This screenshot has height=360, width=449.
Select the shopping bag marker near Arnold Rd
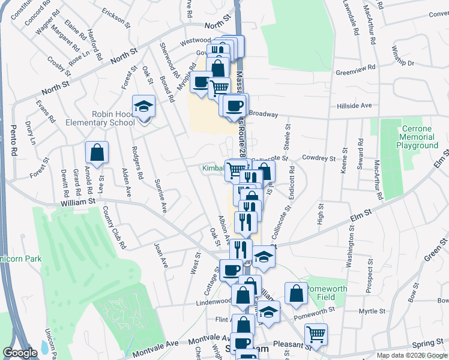tap(97, 154)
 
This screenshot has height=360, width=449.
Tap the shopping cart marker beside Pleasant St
tap(316, 334)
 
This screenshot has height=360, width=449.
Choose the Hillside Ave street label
tap(354, 105)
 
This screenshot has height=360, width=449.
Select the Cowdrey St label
tap(318, 158)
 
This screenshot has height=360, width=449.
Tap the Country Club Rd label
tap(113, 227)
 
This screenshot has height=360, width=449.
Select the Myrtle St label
tap(371, 311)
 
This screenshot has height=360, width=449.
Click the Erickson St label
tap(116, 17)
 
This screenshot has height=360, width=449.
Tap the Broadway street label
tap(264, 113)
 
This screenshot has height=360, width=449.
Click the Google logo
tap(20, 353)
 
